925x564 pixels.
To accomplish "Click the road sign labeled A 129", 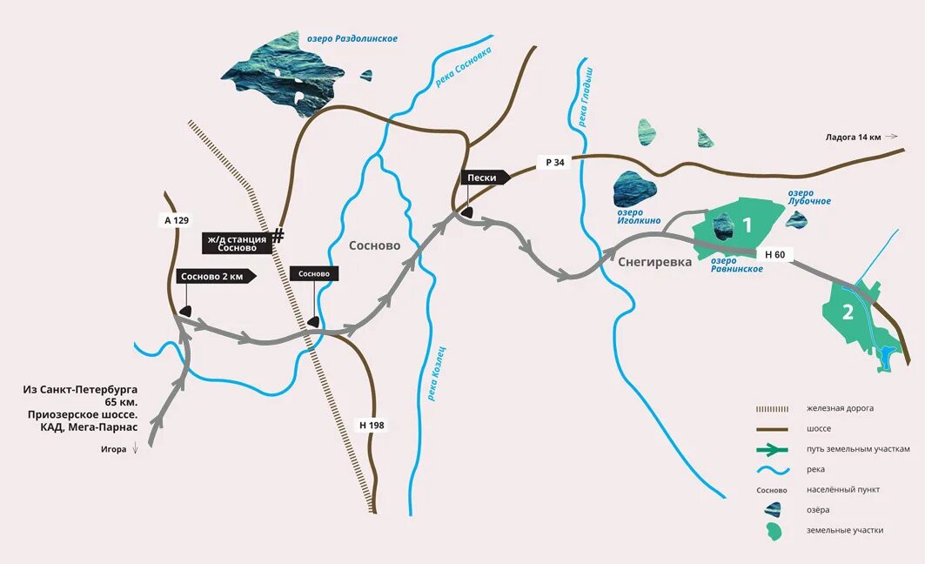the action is click(176, 220).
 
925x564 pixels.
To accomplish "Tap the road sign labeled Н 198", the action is click(372, 426).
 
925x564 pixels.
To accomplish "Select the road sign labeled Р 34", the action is click(554, 162).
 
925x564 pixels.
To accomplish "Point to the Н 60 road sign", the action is click(774, 255).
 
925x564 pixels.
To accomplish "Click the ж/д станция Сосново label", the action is click(238, 243).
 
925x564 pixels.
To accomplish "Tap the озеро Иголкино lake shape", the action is click(635, 189).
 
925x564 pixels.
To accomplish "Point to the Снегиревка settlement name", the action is click(654, 262).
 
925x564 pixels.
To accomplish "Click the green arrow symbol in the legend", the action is click(771, 449).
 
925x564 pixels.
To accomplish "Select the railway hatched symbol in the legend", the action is click(771, 407).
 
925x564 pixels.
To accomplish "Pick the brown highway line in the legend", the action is click(771, 428).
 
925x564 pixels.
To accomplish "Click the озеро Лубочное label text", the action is click(809, 197).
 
